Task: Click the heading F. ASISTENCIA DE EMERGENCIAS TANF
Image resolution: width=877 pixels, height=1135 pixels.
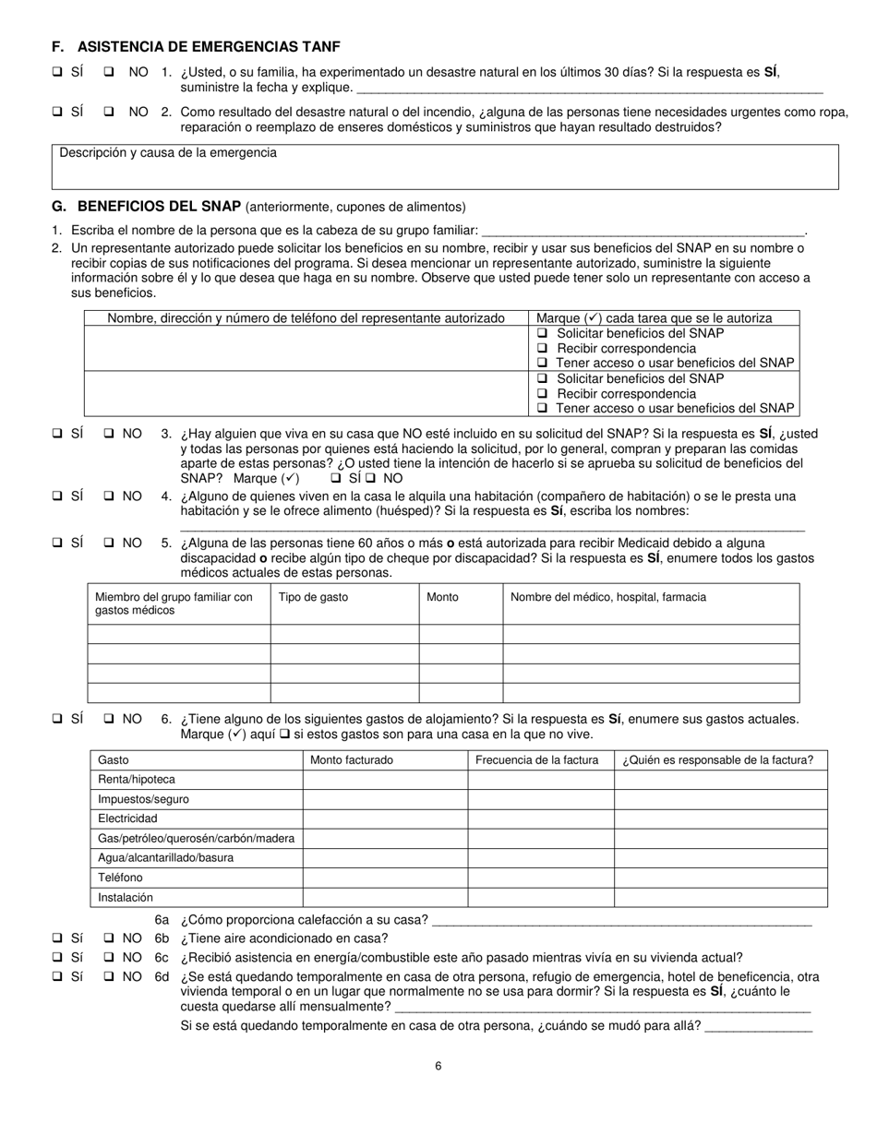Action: pos(201,47)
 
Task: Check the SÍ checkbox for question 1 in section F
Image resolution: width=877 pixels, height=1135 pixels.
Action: pos(57,72)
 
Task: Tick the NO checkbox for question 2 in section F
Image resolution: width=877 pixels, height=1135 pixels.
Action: pos(109,112)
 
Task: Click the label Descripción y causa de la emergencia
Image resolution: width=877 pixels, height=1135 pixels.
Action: pos(168,152)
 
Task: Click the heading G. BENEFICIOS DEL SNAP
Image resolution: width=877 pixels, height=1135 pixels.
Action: pos(147,206)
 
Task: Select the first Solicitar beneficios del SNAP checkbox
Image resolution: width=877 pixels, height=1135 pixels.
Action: pos(543,333)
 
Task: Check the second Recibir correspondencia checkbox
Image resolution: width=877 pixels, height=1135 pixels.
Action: pos(543,393)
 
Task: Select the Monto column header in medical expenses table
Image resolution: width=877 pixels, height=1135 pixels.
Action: pos(442,597)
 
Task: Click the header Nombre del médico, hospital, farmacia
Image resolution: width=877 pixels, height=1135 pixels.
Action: pos(607,597)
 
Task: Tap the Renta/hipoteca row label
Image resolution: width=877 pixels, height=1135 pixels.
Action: pos(136,780)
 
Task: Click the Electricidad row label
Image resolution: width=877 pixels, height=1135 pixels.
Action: pos(127,818)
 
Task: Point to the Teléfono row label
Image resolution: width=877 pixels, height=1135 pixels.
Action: pos(120,878)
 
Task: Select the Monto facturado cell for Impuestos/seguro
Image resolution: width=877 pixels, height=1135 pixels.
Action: pos(385,799)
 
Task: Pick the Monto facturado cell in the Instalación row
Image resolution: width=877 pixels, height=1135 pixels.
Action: pos(385,897)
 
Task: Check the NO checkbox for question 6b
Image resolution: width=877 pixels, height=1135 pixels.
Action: pos(109,938)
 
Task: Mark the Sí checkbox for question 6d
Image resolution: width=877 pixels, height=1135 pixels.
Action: pos(57,977)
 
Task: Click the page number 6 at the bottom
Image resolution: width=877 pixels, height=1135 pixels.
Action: pos(438,1067)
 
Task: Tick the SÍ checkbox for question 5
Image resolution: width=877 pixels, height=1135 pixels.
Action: pos(57,544)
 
